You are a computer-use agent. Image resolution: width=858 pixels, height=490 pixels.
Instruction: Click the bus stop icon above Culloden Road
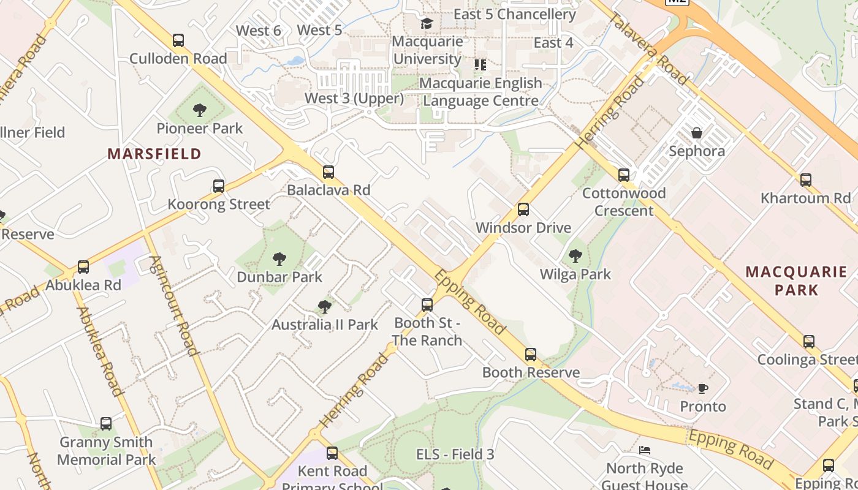click(178, 40)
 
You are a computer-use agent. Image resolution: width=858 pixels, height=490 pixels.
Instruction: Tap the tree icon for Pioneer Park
click(199, 110)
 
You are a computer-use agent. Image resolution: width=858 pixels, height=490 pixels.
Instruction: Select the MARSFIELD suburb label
click(154, 154)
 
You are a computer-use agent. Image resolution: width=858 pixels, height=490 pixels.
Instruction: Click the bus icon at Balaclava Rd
click(328, 172)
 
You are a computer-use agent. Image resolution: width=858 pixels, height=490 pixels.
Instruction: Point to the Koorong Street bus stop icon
click(219, 186)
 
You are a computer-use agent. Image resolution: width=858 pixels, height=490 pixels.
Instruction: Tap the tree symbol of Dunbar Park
click(279, 258)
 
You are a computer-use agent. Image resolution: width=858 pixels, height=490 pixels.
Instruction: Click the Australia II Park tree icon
click(325, 306)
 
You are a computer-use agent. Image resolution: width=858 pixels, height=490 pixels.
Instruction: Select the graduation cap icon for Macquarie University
click(427, 24)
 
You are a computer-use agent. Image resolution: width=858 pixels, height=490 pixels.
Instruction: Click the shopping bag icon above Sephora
click(697, 133)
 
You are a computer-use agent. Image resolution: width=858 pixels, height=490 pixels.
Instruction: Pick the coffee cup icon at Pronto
click(703, 388)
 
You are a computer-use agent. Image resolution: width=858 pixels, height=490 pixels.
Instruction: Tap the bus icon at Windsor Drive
click(523, 209)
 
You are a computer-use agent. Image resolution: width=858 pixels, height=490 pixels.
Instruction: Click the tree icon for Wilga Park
click(575, 255)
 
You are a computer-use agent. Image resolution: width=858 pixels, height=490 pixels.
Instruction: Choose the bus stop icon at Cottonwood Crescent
click(624, 175)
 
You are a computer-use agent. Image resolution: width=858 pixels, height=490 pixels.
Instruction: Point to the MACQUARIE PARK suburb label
click(796, 281)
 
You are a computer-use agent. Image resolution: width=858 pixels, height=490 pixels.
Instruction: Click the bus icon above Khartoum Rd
click(806, 180)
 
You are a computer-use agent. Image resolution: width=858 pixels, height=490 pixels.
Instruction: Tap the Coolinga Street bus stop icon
click(809, 342)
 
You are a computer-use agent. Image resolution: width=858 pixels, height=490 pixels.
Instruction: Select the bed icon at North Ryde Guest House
click(645, 450)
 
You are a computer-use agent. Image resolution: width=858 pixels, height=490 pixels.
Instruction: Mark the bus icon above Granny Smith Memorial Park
click(106, 424)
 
